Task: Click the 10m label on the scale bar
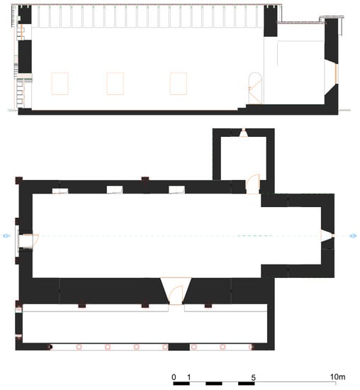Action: click(337, 377)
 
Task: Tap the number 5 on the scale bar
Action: click(253, 377)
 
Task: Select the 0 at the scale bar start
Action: click(174, 377)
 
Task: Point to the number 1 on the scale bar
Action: click(189, 377)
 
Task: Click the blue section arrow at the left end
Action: click(6, 235)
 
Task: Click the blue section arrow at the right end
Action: click(353, 235)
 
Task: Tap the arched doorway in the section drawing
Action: click(255, 89)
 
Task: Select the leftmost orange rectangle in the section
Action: click(60, 84)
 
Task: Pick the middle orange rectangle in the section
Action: click(115, 84)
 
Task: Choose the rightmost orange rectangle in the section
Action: click(179, 84)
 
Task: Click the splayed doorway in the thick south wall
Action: click(176, 291)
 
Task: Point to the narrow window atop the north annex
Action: click(243, 133)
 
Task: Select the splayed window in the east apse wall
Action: click(327, 235)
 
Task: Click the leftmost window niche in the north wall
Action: click(60, 191)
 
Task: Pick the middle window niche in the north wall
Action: click(115, 190)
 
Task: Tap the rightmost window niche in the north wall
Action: click(176, 190)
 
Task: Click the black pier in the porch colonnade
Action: click(179, 347)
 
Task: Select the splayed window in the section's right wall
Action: click(331, 74)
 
